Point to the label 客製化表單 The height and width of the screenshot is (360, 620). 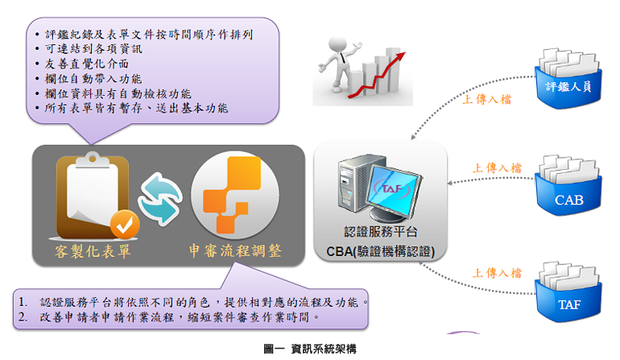tap(91, 251)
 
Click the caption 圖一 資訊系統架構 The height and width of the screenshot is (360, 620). tap(310, 349)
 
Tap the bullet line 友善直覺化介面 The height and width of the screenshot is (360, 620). tap(87, 63)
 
